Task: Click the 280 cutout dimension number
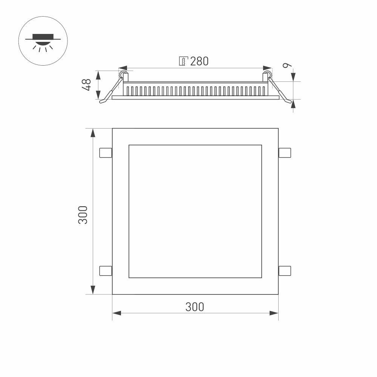(x=199, y=61)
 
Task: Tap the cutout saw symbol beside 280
(x=184, y=61)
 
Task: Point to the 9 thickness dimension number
(x=287, y=65)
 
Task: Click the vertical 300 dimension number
(x=83, y=215)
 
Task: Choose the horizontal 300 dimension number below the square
(x=195, y=307)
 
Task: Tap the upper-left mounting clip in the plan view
(x=106, y=153)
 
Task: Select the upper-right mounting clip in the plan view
(x=285, y=153)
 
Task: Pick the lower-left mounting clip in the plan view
(x=106, y=271)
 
